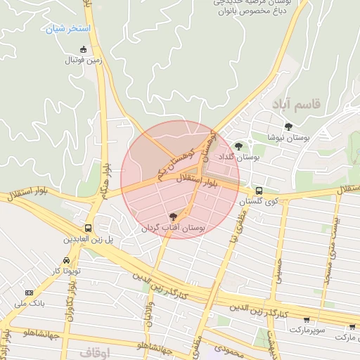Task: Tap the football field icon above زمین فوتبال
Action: click(84, 49)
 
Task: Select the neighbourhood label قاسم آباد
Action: click(297, 104)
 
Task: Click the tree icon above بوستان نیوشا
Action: click(288, 127)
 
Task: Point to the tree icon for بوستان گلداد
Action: click(240, 147)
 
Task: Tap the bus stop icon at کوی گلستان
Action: click(259, 191)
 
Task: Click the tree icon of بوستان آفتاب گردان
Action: click(174, 217)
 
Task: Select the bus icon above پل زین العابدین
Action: click(89, 229)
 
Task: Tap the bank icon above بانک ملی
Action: click(29, 292)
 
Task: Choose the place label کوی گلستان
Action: click(254, 202)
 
